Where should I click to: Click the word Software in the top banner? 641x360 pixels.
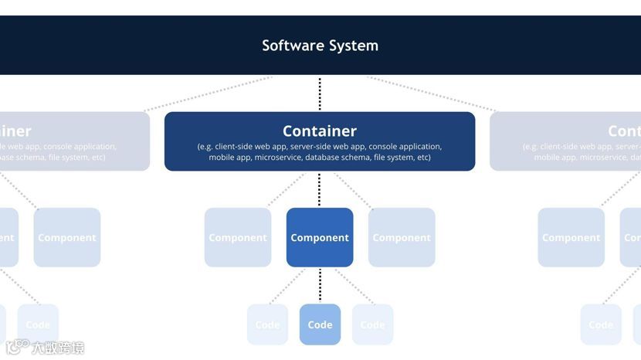pyautogui.click(x=290, y=46)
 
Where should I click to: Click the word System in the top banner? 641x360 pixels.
pyautogui.click(x=352, y=46)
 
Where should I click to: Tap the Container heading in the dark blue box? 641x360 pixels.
pyautogui.click(x=320, y=131)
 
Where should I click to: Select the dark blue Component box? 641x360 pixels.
pyautogui.click(x=320, y=237)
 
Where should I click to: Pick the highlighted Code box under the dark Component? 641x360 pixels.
pyautogui.click(x=320, y=324)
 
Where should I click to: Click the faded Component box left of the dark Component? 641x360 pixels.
pyautogui.click(x=238, y=237)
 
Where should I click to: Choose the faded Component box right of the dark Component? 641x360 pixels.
pyautogui.click(x=402, y=237)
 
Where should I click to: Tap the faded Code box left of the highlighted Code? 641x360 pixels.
pyautogui.click(x=267, y=324)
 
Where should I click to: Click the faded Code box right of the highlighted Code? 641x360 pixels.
pyautogui.click(x=372, y=324)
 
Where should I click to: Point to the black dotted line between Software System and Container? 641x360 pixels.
pyautogui.click(x=320, y=93)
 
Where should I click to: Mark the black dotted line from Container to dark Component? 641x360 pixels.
pyautogui.click(x=320, y=189)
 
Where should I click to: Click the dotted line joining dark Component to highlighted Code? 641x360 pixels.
pyautogui.click(x=320, y=285)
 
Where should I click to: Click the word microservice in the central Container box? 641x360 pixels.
pyautogui.click(x=278, y=158)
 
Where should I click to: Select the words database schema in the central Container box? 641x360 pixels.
pyautogui.click(x=337, y=158)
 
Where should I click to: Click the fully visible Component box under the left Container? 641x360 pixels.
pyautogui.click(x=67, y=237)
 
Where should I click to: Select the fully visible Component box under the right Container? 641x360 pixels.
pyautogui.click(x=571, y=237)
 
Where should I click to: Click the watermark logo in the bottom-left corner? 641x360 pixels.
pyautogui.click(x=17, y=347)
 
